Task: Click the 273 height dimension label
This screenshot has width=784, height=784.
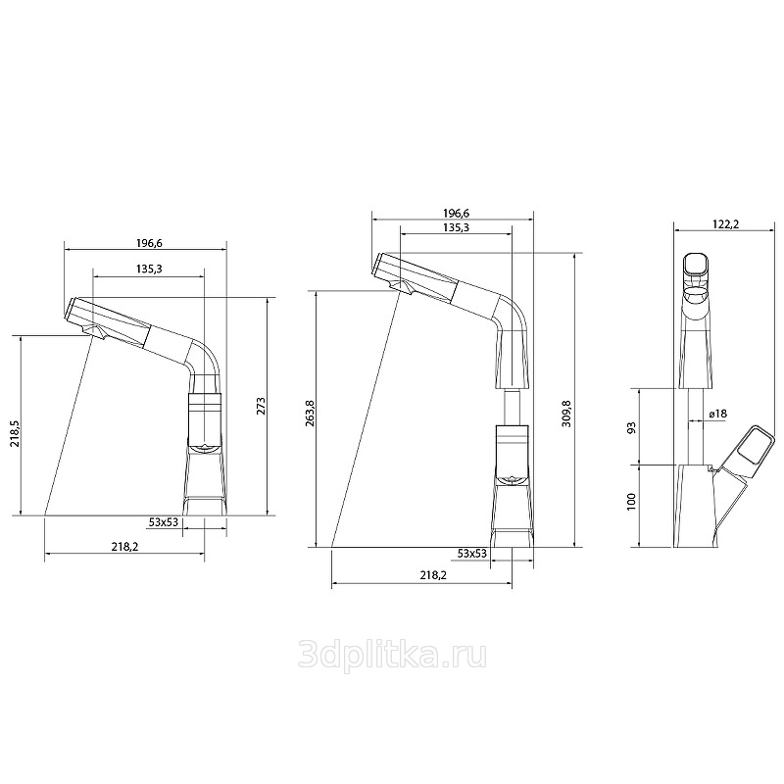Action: pyautogui.click(x=261, y=407)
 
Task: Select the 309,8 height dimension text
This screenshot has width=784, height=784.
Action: pyautogui.click(x=566, y=414)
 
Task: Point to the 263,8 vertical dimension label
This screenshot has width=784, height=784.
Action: pyautogui.click(x=310, y=414)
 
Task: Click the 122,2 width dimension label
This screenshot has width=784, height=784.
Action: pyautogui.click(x=725, y=224)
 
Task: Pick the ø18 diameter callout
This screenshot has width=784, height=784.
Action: pyautogui.click(x=717, y=414)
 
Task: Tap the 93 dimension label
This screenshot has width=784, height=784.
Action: pyautogui.click(x=631, y=428)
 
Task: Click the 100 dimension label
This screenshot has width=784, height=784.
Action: pyautogui.click(x=631, y=502)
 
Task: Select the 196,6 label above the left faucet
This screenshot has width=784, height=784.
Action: pyautogui.click(x=150, y=243)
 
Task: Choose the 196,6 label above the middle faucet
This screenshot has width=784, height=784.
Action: pyautogui.click(x=456, y=214)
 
